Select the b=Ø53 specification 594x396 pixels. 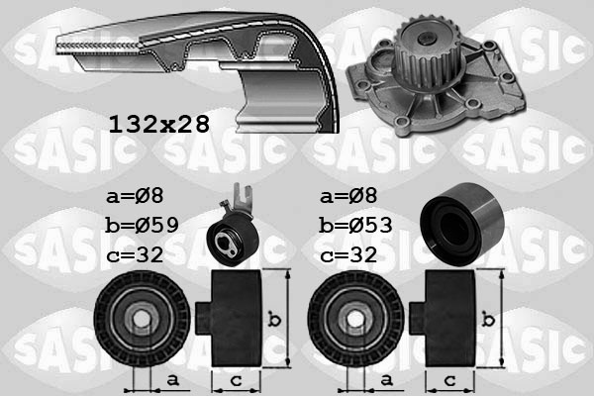tap(357, 225)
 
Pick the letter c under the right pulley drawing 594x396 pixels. tap(448, 380)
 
